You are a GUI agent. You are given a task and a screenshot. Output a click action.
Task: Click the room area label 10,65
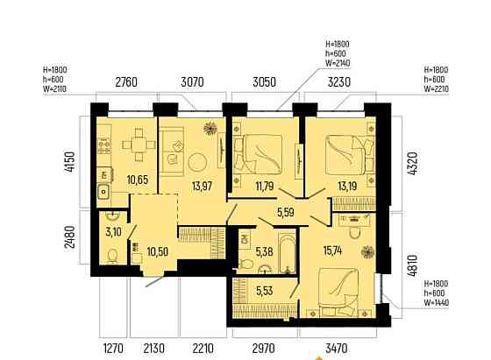pos(138,180)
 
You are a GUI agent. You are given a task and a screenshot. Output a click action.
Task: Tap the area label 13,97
pos(203,187)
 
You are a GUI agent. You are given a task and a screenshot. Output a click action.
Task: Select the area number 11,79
pos(265,187)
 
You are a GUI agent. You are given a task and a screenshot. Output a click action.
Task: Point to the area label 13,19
pos(347,187)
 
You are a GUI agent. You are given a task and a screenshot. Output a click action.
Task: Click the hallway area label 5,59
pos(286,213)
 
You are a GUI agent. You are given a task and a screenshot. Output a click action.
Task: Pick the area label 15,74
pos(333,251)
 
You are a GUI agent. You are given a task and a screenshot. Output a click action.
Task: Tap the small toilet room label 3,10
pos(113,232)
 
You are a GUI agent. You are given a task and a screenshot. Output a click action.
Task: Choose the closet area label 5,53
pos(264,291)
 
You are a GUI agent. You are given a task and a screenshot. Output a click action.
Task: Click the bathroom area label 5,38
pos(264,251)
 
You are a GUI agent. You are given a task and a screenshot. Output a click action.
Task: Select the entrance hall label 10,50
pos(158,251)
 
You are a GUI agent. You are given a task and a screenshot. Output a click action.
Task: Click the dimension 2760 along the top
pos(126,82)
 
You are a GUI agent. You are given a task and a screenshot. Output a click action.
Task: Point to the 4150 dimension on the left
pos(69,161)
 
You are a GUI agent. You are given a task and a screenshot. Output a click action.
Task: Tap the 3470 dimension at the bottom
pos(337,348)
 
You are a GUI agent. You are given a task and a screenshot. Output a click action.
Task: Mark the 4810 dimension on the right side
pos(412,265)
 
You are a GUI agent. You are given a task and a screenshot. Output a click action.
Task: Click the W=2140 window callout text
pos(338,63)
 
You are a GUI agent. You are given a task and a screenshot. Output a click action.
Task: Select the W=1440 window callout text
pos(437,303)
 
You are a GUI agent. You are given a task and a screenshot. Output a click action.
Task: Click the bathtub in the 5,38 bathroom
pos(288,251)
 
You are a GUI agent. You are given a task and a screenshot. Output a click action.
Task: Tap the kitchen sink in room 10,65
pos(103,192)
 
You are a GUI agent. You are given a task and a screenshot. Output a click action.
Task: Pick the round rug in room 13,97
pos(197,162)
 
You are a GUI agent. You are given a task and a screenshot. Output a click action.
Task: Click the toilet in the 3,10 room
pos(112,256)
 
